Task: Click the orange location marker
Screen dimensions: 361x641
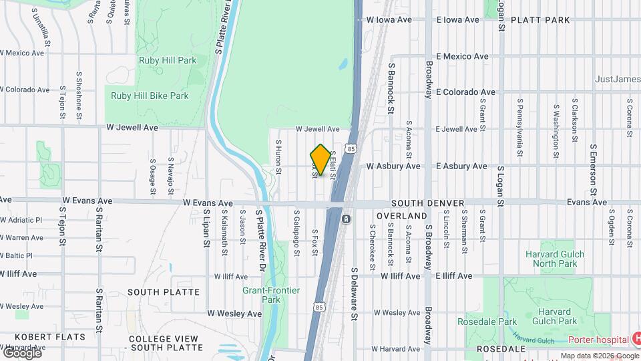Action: click(320, 159)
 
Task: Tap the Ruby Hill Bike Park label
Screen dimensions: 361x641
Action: click(150, 96)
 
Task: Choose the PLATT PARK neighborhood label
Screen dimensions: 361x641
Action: click(540, 20)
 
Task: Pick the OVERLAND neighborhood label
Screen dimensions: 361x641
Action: click(401, 217)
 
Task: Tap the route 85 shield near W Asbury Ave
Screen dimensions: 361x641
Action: click(351, 148)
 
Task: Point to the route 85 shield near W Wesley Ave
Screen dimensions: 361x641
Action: click(320, 307)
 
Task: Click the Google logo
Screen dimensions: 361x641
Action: click(21, 352)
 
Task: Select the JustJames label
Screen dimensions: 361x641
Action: click(617, 79)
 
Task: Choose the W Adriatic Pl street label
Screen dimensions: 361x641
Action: click(21, 219)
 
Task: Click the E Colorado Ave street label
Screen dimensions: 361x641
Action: click(465, 92)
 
